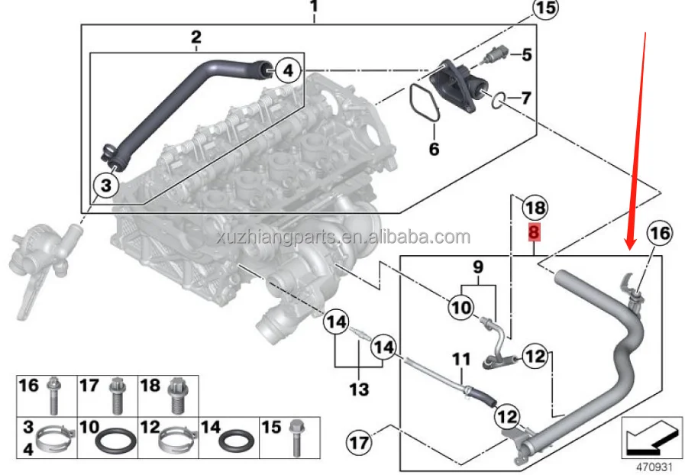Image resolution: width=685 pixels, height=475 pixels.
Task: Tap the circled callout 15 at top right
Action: (544, 10)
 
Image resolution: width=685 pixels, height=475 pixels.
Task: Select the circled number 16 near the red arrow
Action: (662, 233)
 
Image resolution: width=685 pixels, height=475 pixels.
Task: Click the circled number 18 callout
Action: (535, 208)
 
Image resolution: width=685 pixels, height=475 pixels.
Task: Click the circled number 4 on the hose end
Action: (287, 71)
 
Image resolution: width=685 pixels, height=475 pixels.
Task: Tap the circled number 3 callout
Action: (106, 183)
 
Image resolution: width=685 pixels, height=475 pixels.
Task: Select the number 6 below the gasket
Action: (434, 150)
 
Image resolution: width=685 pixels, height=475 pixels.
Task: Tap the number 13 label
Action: (358, 390)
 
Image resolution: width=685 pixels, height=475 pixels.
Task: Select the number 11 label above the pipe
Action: (461, 358)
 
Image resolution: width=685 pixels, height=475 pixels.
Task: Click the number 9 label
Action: (478, 268)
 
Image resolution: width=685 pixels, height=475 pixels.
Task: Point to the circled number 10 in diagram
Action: (461, 308)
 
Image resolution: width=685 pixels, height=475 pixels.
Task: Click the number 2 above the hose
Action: (196, 37)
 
